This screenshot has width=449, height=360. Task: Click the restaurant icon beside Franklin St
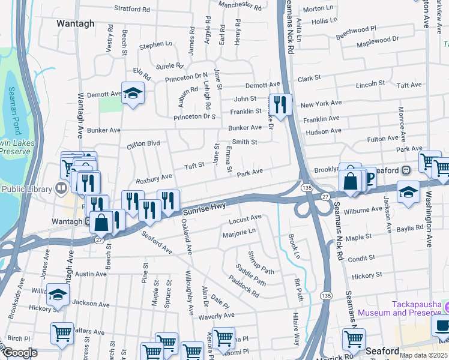280,104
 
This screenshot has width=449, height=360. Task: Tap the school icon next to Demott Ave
133,93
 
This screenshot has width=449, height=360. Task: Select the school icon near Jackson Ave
58,295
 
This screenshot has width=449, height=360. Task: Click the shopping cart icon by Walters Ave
62,334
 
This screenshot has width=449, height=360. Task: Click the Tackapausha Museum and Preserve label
399,308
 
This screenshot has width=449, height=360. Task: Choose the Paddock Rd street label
244,286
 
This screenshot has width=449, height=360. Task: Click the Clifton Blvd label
143,144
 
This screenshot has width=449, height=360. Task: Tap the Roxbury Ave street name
154,178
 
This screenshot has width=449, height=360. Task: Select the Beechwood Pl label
356,32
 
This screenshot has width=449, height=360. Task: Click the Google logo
20,353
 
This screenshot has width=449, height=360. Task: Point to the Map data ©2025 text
423,355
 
